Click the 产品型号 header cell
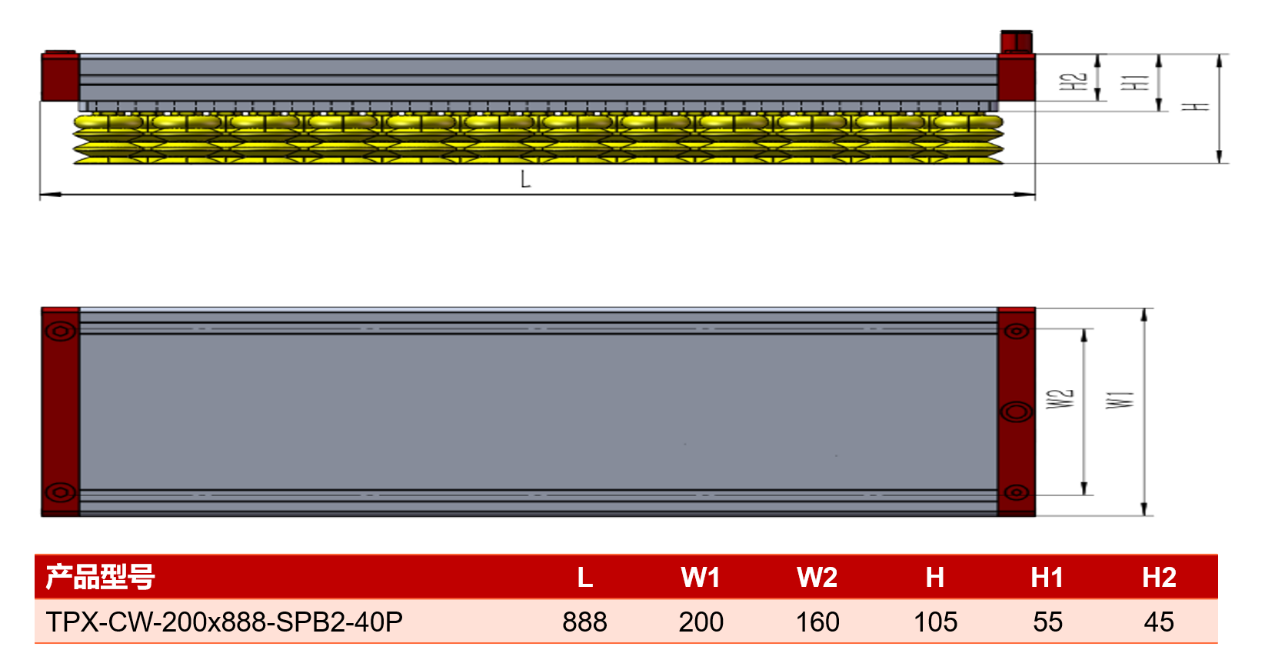point(100,577)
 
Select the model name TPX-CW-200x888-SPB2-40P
point(225,622)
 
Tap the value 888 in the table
point(584,622)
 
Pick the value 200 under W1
point(701,622)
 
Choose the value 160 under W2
point(817,622)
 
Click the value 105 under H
point(935,622)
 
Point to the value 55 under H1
point(1047,622)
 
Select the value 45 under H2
point(1159,622)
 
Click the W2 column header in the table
point(817,577)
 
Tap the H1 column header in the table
point(1047,577)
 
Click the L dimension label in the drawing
point(525,179)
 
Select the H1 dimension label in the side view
point(1135,82)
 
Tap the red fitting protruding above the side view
point(1017,42)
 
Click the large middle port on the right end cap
point(1017,412)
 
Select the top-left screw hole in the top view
point(60,331)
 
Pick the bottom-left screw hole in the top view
point(60,492)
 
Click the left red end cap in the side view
point(60,76)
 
